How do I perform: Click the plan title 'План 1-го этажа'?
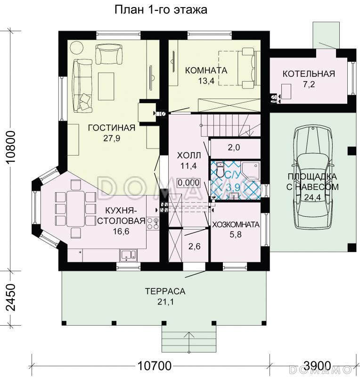click(161, 10)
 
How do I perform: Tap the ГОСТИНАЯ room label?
click(112, 127)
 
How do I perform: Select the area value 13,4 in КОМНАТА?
click(206, 81)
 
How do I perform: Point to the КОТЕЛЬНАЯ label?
click(309, 74)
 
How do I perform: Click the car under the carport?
click(312, 179)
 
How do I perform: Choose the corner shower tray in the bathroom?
click(251, 171)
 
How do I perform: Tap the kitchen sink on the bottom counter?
click(128, 255)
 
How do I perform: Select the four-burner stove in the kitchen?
click(153, 223)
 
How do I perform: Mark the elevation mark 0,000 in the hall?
click(189, 183)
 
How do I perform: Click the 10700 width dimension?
click(155, 366)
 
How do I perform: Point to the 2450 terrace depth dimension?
click(11, 298)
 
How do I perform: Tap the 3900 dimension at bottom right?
click(317, 366)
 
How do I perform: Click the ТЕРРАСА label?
click(165, 291)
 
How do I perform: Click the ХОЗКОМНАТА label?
click(236, 225)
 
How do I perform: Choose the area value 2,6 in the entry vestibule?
click(194, 246)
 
